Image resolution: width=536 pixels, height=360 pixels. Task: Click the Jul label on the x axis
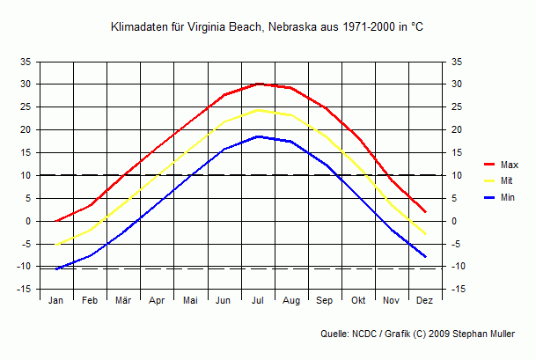pyautogui.click(x=258, y=301)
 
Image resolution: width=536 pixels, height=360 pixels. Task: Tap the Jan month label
pyautogui.click(x=56, y=301)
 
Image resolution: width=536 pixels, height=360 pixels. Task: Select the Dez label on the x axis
pyautogui.click(x=425, y=301)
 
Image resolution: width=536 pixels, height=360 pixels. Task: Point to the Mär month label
pyautogui.click(x=123, y=301)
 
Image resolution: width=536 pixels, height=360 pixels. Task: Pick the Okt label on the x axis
pyautogui.click(x=358, y=301)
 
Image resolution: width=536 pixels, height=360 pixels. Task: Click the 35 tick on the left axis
pyautogui.click(x=26, y=62)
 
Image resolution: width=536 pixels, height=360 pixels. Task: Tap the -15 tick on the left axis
pyautogui.click(x=25, y=290)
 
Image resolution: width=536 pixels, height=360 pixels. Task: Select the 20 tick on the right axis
pyautogui.click(x=456, y=129)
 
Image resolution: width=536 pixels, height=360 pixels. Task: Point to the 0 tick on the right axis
pyautogui.click(x=453, y=221)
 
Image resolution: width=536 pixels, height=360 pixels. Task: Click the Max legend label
pyautogui.click(x=510, y=165)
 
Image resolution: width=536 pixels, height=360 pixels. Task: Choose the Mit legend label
pyautogui.click(x=507, y=181)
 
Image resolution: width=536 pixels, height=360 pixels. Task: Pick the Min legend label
pyautogui.click(x=508, y=198)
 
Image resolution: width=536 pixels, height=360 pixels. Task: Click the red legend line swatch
pyautogui.click(x=490, y=165)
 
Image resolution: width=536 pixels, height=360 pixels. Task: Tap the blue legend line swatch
pyautogui.click(x=490, y=198)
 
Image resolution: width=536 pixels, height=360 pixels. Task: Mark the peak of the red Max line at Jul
pyautogui.click(x=258, y=84)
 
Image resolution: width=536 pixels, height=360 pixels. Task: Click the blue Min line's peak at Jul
pyautogui.click(x=258, y=136)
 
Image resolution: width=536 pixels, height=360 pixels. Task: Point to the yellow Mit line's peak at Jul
pyautogui.click(x=258, y=110)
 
